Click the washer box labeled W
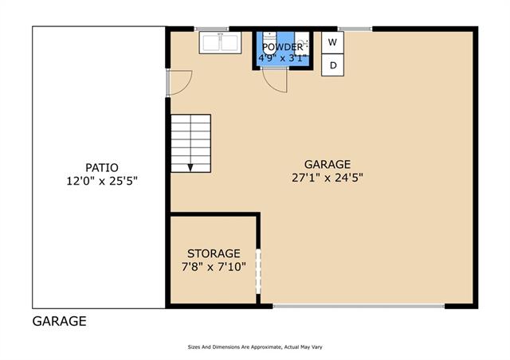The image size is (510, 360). [332, 42]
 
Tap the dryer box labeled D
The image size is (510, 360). [332, 65]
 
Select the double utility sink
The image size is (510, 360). [220, 42]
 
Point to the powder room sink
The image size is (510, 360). [302, 43]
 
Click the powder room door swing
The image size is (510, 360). [275, 80]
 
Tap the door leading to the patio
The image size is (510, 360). [178, 83]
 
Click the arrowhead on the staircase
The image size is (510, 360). [190, 167]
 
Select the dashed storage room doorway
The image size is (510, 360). [258, 272]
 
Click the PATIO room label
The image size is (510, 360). [102, 167]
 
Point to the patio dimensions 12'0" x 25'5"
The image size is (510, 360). [102, 181]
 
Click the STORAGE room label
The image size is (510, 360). [214, 253]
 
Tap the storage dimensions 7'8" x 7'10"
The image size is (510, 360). [214, 267]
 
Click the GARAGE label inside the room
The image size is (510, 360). [328, 164]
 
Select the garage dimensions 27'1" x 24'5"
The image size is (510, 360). [328, 178]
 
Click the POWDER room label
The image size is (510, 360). [282, 47]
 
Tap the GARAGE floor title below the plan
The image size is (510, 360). [60, 321]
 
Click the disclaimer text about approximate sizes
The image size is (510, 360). [255, 347]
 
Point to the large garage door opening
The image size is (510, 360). [359, 306]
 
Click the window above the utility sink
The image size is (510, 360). [211, 29]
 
